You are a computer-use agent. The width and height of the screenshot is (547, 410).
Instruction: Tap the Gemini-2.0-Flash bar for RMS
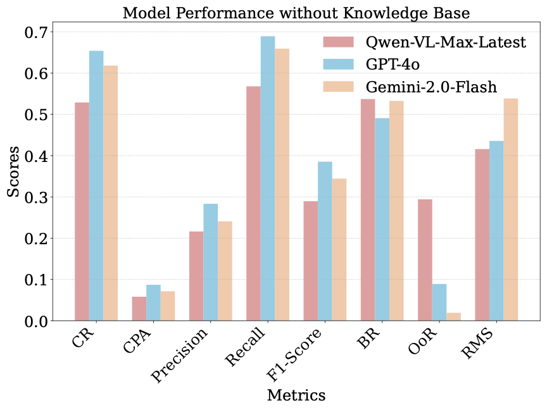tap(511, 209)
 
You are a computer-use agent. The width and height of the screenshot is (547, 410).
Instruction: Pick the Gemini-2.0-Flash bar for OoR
tap(454, 316)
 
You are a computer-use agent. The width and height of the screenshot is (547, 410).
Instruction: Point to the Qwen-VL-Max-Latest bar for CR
tap(82, 211)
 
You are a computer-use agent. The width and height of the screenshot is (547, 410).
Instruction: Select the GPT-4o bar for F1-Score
tap(325, 241)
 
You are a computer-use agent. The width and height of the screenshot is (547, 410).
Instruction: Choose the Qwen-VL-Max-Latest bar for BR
tap(368, 209)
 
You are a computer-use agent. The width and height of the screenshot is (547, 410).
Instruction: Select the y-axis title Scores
tap(13, 176)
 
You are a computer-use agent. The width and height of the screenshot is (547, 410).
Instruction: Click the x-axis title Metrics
tap(296, 395)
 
